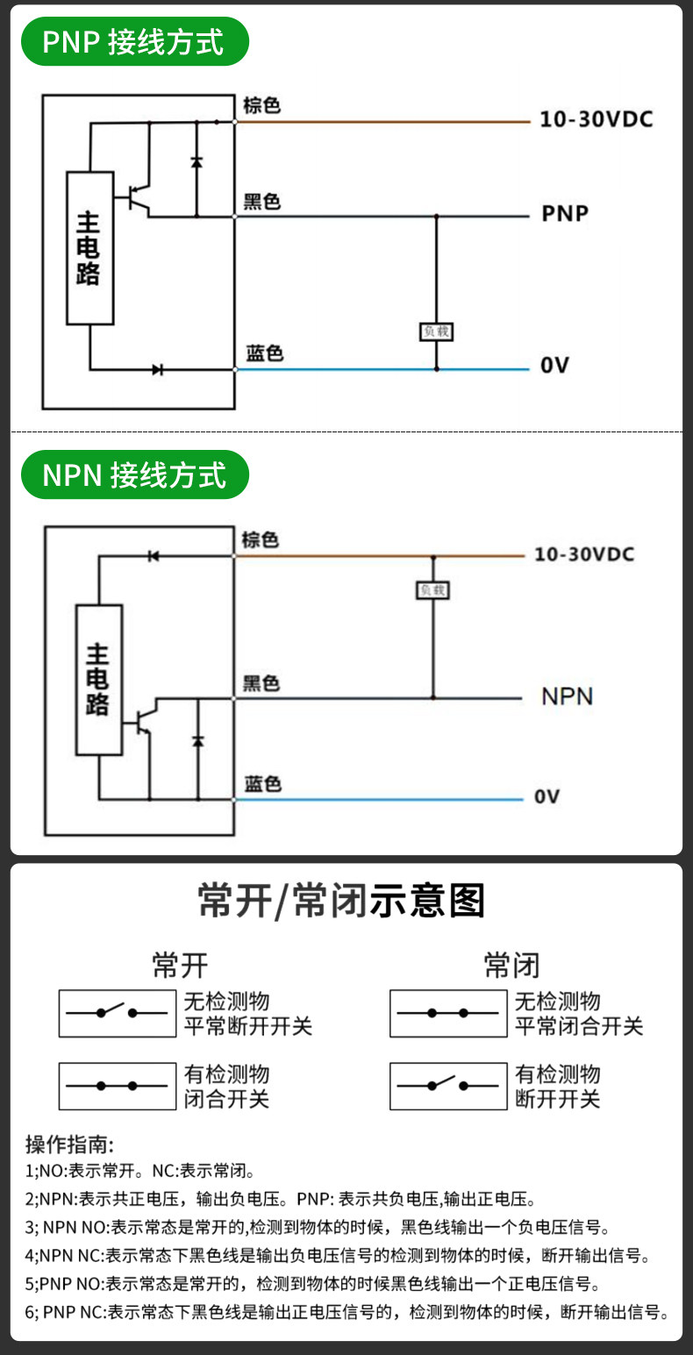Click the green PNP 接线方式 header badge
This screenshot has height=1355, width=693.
pos(135,41)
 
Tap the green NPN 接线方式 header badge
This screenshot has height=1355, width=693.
pos(135,474)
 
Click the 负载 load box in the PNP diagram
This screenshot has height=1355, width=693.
pos(436,331)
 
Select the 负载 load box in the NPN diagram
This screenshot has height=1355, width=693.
pos(432,589)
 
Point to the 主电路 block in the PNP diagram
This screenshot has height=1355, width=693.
pos(89,248)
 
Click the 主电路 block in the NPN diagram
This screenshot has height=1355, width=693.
pos(99,680)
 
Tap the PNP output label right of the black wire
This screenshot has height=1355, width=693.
pos(565,213)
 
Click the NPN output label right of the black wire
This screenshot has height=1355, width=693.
pos(567,696)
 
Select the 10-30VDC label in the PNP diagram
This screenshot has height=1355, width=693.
pos(597,119)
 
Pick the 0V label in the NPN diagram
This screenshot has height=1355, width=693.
pos(547,796)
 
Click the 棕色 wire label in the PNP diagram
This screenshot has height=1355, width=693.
pos(261,106)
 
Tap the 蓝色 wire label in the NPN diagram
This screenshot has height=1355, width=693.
pos(263,784)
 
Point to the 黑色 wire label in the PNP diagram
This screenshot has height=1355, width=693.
pos(261,202)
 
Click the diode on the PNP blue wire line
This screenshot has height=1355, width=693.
pos(157,369)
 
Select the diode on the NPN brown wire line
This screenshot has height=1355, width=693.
pos(154,556)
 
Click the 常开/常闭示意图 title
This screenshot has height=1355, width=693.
pos(342,901)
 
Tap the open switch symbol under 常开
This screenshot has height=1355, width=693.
pos(118,1013)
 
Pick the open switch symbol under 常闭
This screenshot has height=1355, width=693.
pos(448,1086)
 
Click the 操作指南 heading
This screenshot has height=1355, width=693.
pos(69,1144)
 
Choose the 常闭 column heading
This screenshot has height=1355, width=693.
pos(511,965)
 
